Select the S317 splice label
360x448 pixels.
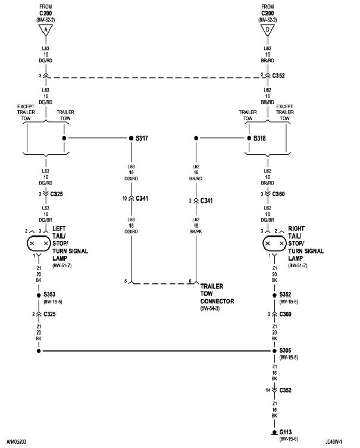tap(142, 138)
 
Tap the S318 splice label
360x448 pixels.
tap(259, 138)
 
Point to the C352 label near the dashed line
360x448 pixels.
tap(279, 76)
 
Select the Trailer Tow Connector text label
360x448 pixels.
tap(217, 293)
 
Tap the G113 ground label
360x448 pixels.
tap(287, 433)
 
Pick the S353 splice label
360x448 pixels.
tap(51, 295)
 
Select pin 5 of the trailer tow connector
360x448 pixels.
tap(126, 280)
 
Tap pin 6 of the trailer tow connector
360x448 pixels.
tap(190, 280)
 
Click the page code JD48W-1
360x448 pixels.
tap(336, 443)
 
